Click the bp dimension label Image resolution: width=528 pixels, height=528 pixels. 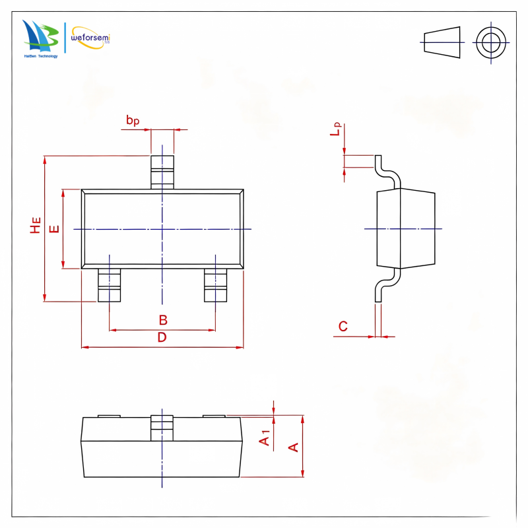tap(133, 120)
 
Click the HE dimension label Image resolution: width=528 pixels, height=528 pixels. tap(36, 225)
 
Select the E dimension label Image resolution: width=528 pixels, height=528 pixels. tap(54, 229)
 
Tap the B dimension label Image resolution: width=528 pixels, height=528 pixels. tap(163, 320)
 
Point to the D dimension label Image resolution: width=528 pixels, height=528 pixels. tap(162, 337)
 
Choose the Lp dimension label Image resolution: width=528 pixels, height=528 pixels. tap(336, 129)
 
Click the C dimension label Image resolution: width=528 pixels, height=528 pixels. tap(343, 326)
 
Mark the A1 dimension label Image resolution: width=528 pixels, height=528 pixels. tap(265, 438)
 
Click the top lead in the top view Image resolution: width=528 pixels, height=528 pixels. tap(162, 172)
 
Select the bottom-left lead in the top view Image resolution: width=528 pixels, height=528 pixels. tap(109, 285)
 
